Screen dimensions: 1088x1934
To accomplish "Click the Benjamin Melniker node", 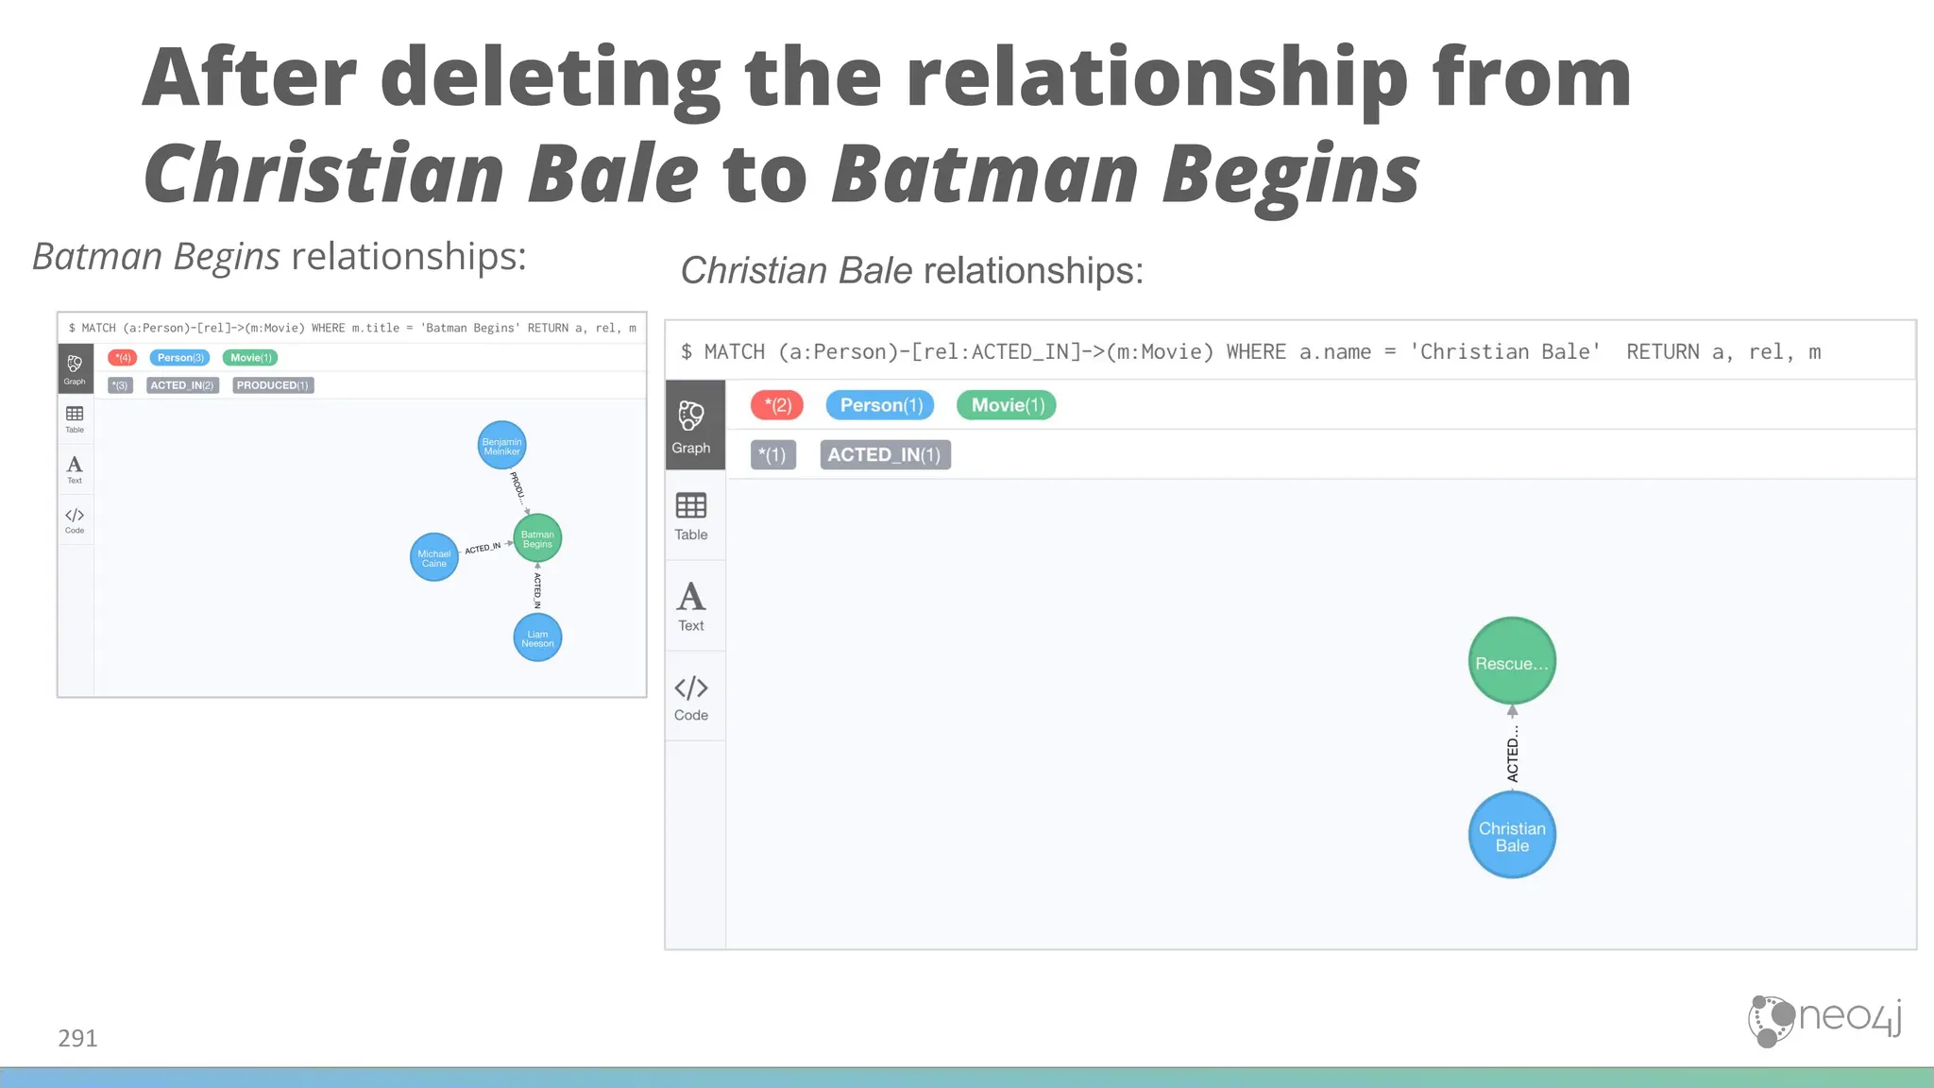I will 501,446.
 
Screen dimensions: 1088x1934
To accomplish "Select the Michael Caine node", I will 434,558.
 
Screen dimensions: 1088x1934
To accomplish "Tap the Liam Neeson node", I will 537,638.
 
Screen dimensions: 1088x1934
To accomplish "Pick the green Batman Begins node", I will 537,538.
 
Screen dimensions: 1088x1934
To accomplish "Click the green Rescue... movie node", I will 1512,662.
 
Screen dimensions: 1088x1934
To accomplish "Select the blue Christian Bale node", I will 1512,836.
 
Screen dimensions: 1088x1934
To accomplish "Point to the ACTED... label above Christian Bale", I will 1513,754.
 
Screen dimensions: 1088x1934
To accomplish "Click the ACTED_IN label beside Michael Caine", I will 483,548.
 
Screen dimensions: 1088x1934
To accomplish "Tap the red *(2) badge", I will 777,405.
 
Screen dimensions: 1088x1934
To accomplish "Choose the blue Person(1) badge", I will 880,405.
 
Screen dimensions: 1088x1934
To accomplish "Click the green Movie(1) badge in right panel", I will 1007,405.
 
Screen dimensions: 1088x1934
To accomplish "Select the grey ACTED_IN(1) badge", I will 885,455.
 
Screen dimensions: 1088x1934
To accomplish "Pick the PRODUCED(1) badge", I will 273,385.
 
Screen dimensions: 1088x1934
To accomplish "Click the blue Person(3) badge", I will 180,358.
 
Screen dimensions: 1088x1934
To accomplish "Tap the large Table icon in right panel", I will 691,506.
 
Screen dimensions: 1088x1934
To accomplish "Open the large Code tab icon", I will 691,688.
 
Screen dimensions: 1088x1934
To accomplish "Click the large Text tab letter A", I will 691,597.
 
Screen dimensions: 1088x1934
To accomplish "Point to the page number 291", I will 77,1038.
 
